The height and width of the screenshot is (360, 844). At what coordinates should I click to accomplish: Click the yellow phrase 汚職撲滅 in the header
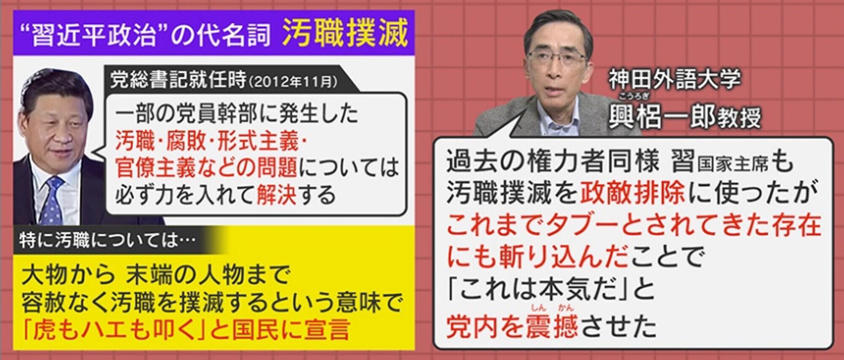[345, 32]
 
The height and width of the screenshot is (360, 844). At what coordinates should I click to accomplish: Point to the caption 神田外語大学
[674, 79]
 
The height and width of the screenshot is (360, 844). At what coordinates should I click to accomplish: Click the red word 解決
[276, 195]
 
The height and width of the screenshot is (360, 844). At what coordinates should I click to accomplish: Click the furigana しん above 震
[538, 308]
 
